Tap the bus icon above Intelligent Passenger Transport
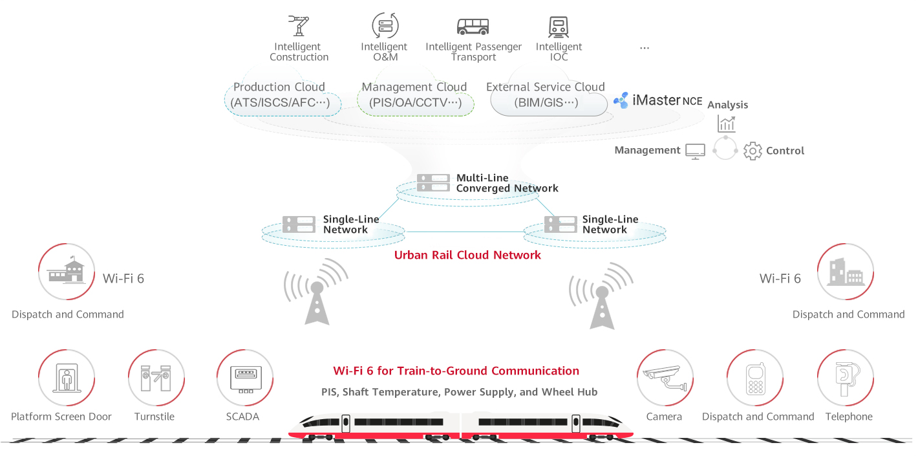click(x=473, y=27)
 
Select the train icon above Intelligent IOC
click(x=559, y=27)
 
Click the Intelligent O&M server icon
click(x=385, y=26)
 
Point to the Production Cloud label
click(x=279, y=87)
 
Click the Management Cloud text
click(x=414, y=87)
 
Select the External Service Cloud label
click(x=545, y=87)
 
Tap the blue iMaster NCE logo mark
click(x=621, y=100)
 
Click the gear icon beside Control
click(x=753, y=151)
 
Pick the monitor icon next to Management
click(x=695, y=151)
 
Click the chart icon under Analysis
click(x=726, y=124)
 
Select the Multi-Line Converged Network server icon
click(x=432, y=183)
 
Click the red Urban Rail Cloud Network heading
click(x=467, y=255)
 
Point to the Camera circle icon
click(x=665, y=378)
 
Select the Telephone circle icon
click(x=845, y=378)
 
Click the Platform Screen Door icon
click(x=67, y=378)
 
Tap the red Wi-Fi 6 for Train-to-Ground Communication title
click(x=456, y=371)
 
